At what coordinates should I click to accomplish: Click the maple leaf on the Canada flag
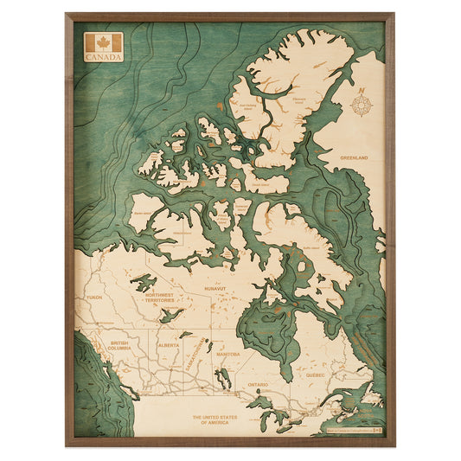(103, 43)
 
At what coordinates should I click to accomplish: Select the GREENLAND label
(353, 158)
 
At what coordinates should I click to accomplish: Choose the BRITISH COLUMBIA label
(118, 345)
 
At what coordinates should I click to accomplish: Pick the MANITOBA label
(228, 355)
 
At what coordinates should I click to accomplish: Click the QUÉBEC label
(314, 376)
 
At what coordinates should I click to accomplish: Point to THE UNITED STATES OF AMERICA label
(215, 419)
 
